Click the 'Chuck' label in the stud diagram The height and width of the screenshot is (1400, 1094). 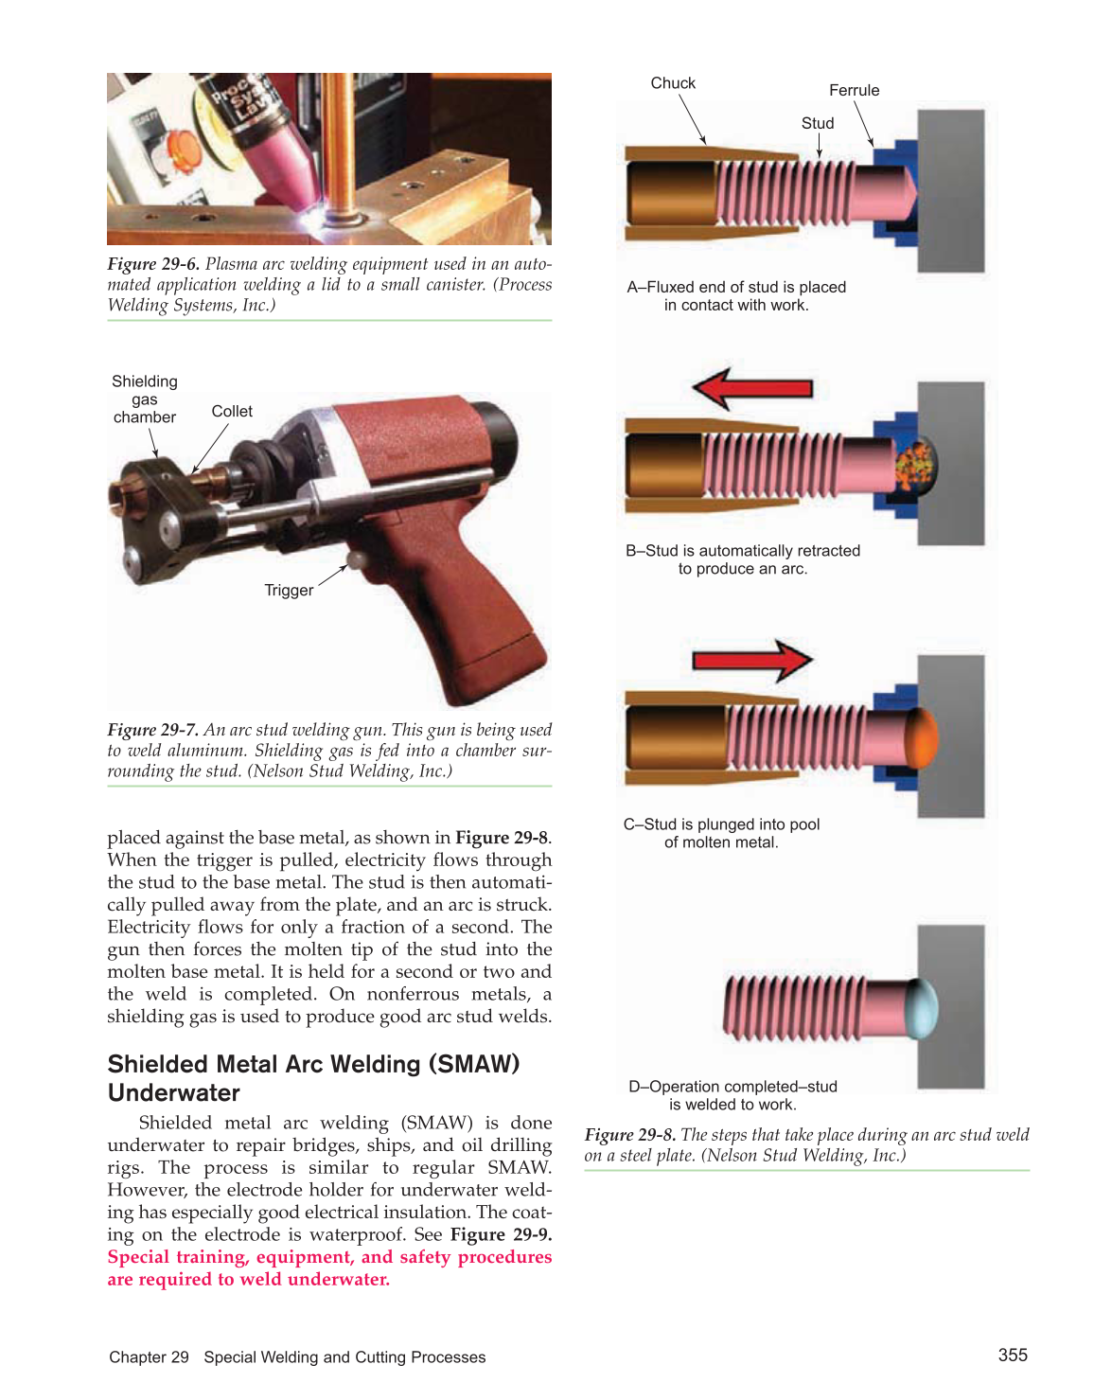[x=673, y=83]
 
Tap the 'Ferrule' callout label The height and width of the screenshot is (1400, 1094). [x=854, y=91]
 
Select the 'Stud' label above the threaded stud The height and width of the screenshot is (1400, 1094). [x=818, y=124]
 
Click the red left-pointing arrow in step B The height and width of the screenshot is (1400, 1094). [x=751, y=388]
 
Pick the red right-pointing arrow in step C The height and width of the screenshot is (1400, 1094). [x=753, y=660]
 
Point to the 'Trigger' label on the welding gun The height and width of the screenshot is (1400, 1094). [x=289, y=591]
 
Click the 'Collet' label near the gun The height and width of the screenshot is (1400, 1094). [x=232, y=412]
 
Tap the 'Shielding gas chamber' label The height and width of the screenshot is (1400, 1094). [x=145, y=399]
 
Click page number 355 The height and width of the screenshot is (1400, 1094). [x=1013, y=1356]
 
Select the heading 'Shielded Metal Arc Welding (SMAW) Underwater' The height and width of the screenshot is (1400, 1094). [x=313, y=1078]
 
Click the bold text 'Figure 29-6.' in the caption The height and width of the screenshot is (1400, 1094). [x=153, y=264]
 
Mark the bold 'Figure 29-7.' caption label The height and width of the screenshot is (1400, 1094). [x=153, y=730]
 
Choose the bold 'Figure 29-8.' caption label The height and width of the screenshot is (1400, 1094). [x=630, y=1135]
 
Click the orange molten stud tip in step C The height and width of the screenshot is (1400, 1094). [x=923, y=736]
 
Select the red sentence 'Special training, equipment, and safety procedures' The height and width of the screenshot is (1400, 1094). [x=329, y=1257]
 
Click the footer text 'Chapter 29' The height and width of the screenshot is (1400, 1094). [x=150, y=1357]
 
